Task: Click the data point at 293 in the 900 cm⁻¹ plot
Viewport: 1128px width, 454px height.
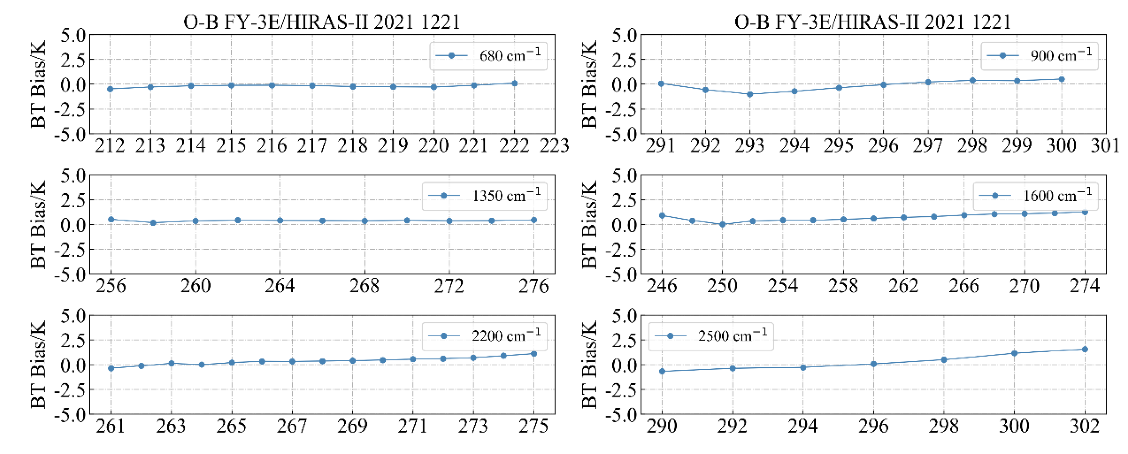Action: pos(750,94)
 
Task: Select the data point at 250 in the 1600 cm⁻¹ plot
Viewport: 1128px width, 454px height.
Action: pos(722,224)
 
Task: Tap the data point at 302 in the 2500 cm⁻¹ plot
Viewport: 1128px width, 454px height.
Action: pos(1085,349)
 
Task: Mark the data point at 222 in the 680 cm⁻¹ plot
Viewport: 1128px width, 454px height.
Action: pos(514,83)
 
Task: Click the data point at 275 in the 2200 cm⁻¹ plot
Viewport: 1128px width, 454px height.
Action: pos(534,353)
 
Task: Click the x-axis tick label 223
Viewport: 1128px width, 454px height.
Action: pos(554,145)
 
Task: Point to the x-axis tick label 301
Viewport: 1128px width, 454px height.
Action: pos(1105,145)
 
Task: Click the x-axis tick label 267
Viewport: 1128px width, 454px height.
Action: pos(292,426)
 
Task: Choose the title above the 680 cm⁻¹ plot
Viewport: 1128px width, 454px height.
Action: pos(322,22)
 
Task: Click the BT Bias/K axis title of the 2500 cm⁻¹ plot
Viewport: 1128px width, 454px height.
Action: pos(589,364)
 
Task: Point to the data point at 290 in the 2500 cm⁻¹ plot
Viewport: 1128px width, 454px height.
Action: pos(662,371)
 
